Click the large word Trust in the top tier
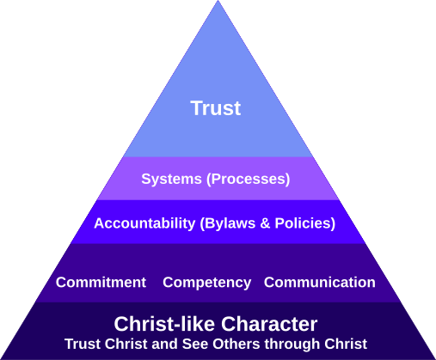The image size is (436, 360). coord(216,108)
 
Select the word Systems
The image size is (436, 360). coord(171,180)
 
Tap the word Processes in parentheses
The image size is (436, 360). coord(249,180)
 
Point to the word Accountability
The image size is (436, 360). coord(144,223)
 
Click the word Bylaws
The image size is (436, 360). coord(230,223)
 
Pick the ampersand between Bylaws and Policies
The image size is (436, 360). coord(265,223)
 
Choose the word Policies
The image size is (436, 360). coord(303,223)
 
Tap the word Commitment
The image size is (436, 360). coord(101,283)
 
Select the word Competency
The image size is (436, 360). coord(206,283)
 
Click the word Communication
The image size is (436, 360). coord(320,283)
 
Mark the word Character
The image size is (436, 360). coord(269,324)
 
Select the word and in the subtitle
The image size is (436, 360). coord(164,344)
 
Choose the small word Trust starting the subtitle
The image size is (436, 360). coord(83,344)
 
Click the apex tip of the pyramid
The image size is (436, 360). coord(218,1)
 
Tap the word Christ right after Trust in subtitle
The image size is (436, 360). coord(126,344)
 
